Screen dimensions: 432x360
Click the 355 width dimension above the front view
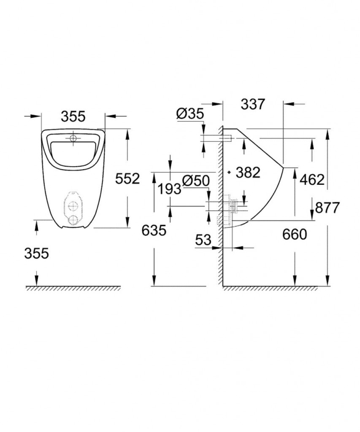coord(73,116)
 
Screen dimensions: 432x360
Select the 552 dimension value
coord(127,179)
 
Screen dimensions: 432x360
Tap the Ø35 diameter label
coord(190,113)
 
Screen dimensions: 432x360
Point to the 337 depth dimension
coord(253,104)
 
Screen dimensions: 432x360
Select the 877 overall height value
coord(328,208)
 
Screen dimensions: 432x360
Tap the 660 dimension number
coord(294,234)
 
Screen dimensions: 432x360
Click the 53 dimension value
coord(203,240)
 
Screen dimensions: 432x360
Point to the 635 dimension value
coord(154,230)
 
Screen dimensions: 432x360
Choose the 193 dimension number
coord(169,189)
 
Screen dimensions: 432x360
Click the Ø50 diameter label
coord(196,181)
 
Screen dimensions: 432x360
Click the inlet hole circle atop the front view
coord(73,138)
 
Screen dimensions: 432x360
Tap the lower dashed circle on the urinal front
coord(73,220)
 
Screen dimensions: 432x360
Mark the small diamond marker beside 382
coord(228,172)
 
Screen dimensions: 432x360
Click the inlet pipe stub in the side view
coord(227,138)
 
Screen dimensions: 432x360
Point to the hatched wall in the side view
coord(219,202)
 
